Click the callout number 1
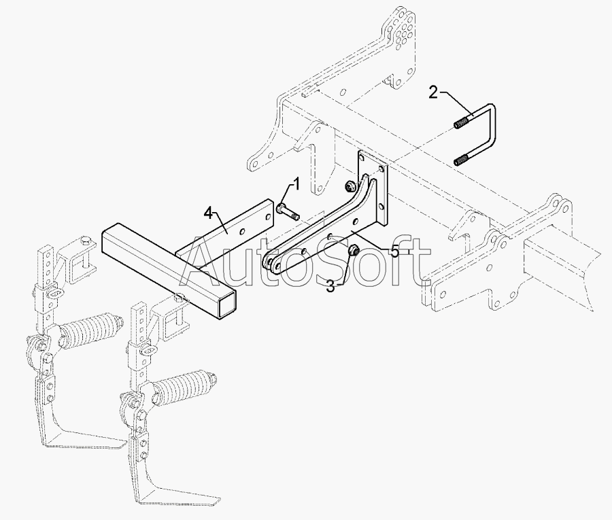296,184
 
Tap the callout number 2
433,93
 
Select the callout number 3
330,287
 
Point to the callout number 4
209,213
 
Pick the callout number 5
395,252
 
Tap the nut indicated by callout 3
354,249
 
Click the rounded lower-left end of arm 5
271,263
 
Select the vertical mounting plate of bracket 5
373,188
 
